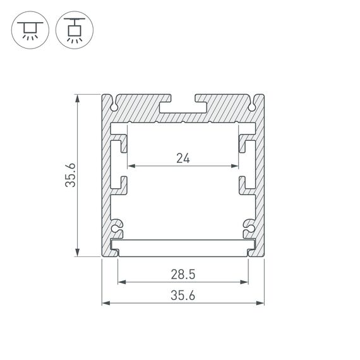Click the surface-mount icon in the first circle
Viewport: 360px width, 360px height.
tap(27, 28)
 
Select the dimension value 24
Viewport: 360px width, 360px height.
tap(183, 159)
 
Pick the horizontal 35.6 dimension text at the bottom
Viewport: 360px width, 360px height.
tap(183, 295)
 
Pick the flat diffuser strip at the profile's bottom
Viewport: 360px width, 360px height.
tap(183, 244)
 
